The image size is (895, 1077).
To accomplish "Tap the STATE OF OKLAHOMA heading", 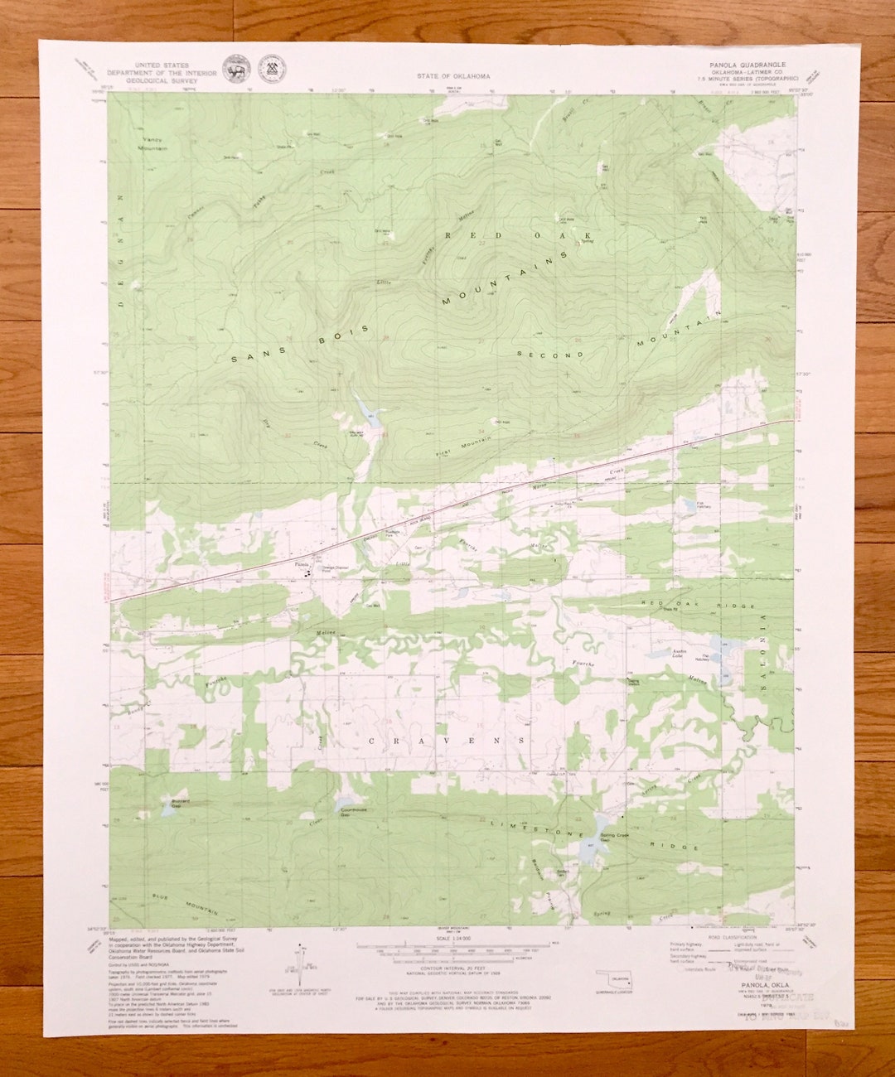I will [x=453, y=76].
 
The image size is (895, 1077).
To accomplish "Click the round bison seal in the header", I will [x=234, y=67].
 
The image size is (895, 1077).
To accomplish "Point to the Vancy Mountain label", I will [x=152, y=144].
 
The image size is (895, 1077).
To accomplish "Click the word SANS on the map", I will [x=245, y=357].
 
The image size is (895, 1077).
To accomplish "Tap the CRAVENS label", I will [x=446, y=740].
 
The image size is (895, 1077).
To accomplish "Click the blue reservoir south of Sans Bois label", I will [x=366, y=412].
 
